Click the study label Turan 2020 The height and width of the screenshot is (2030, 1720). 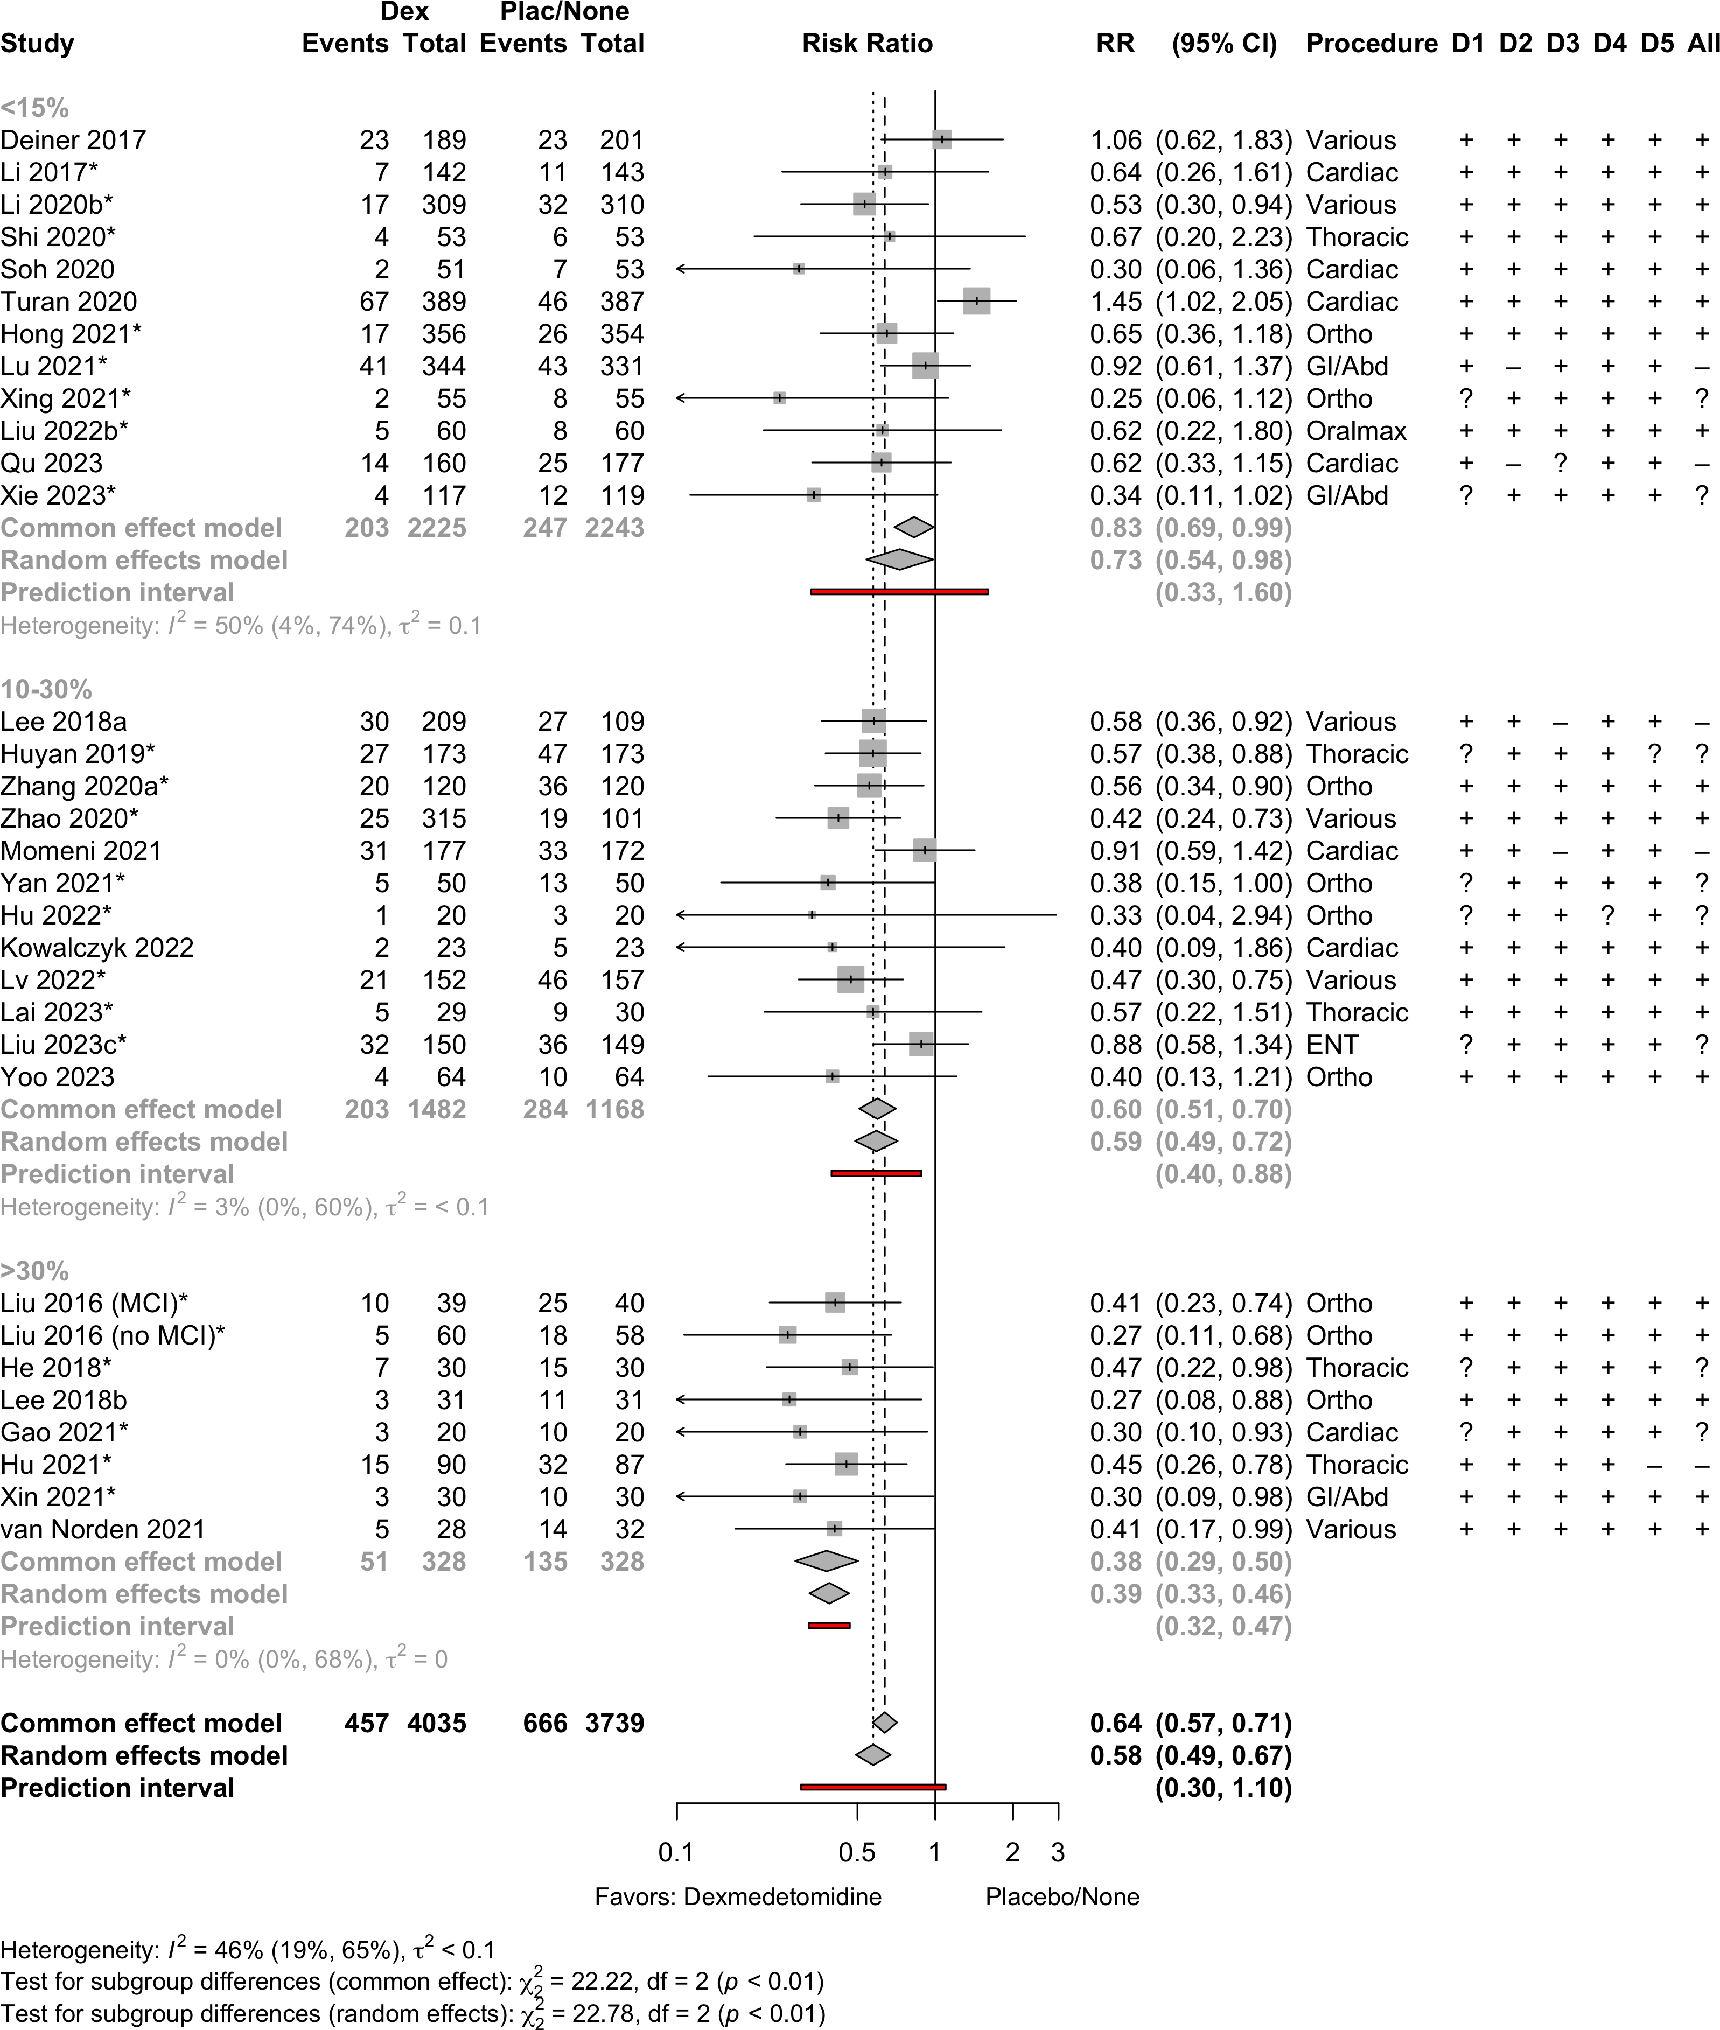tap(68, 302)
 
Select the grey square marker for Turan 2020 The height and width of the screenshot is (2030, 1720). tap(976, 302)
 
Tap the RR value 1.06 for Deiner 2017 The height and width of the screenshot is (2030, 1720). tap(1115, 141)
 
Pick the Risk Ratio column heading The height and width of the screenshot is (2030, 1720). tap(867, 44)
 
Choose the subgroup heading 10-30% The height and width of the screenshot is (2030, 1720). tap(46, 689)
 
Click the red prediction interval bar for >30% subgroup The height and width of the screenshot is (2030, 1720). tap(829, 1626)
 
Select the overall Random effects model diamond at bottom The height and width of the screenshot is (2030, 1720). tap(873, 1755)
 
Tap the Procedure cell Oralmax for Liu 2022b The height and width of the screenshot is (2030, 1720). tap(1357, 431)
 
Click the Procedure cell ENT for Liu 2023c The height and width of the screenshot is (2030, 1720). tap(1332, 1044)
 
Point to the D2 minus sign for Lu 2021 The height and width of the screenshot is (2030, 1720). tap(1513, 367)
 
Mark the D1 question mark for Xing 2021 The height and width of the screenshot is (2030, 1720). tap(1465, 399)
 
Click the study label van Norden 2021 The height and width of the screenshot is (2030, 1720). tap(103, 1529)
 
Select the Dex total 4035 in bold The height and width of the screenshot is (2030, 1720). tap(436, 1723)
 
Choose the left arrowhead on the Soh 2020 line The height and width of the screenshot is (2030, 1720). tap(680, 269)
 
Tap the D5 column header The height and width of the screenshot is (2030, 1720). tap(1656, 44)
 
